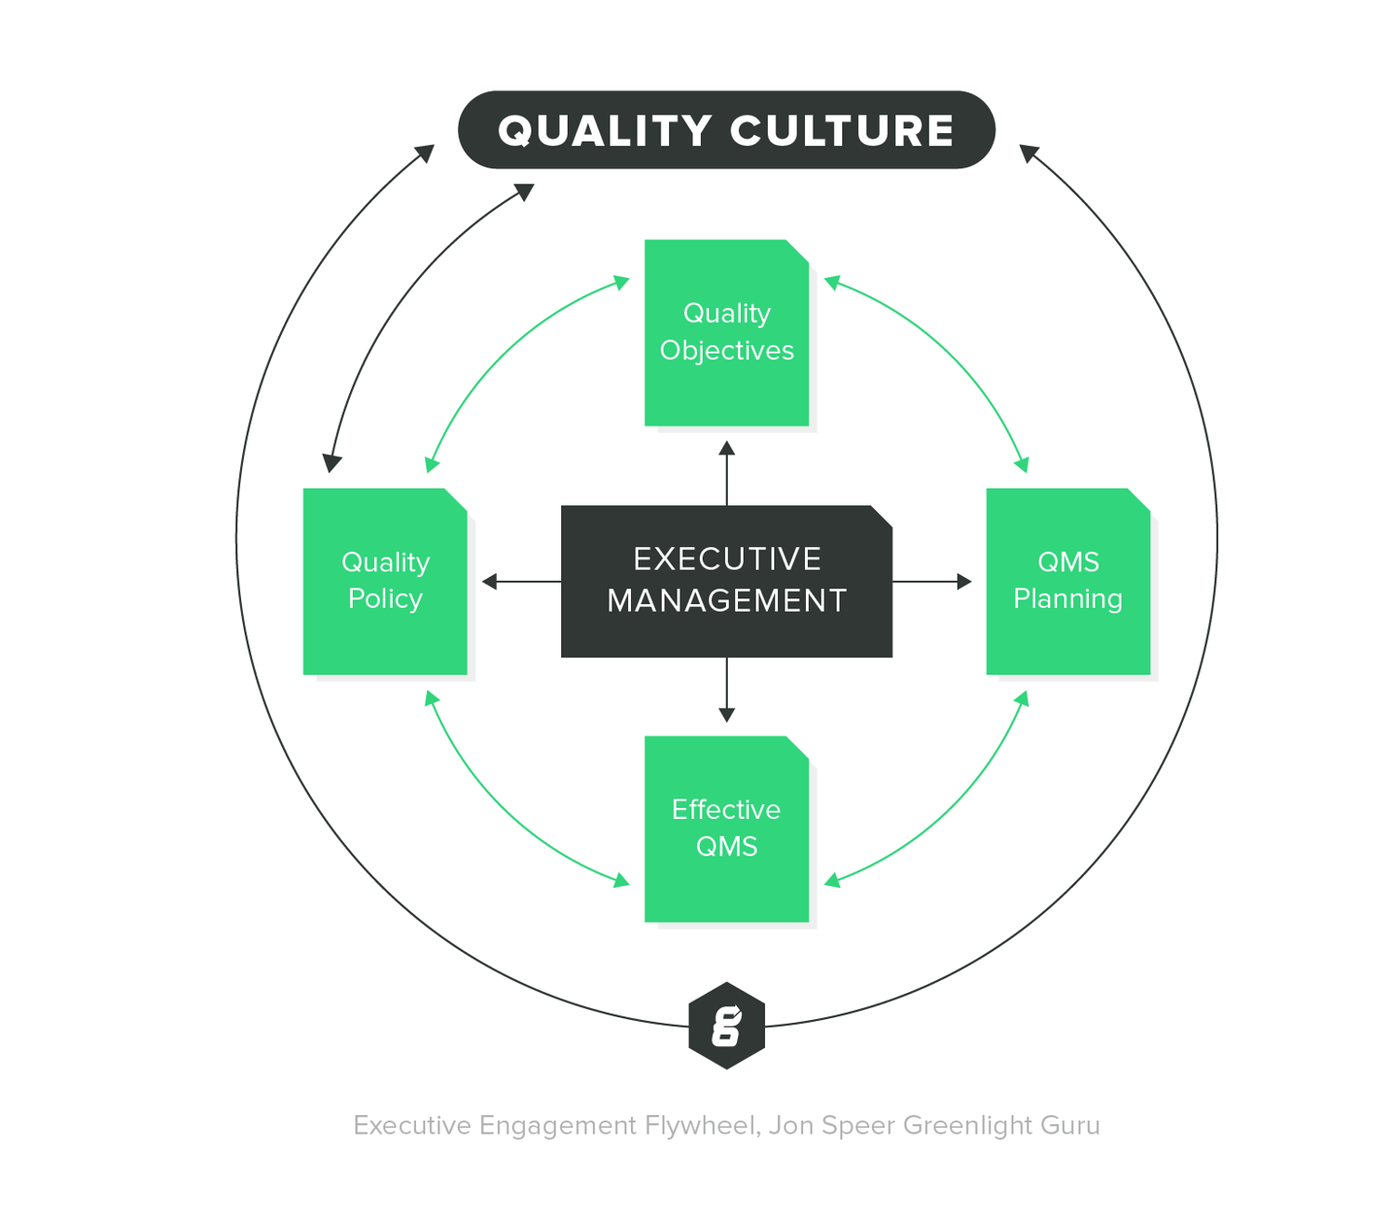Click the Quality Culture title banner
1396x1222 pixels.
pyautogui.click(x=726, y=130)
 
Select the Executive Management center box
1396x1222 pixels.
pyautogui.click(x=726, y=581)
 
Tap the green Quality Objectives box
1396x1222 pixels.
pyautogui.click(x=726, y=332)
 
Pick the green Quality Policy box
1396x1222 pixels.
pyautogui.click(x=384, y=581)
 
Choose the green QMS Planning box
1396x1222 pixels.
pyautogui.click(x=1067, y=581)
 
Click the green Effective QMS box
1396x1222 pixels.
pyautogui.click(x=726, y=828)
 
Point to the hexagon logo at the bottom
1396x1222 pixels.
pyautogui.click(x=726, y=1026)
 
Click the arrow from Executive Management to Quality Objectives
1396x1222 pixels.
pyautogui.click(x=727, y=474)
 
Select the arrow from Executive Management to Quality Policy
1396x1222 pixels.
pyautogui.click(x=521, y=582)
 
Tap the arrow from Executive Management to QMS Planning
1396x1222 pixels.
pyautogui.click(x=932, y=582)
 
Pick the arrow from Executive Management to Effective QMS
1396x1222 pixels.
pyautogui.click(x=727, y=690)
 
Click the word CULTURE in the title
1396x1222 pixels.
pyautogui.click(x=842, y=130)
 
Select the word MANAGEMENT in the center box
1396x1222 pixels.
pyautogui.click(x=726, y=601)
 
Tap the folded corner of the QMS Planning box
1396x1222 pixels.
pyautogui.click(x=1140, y=499)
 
